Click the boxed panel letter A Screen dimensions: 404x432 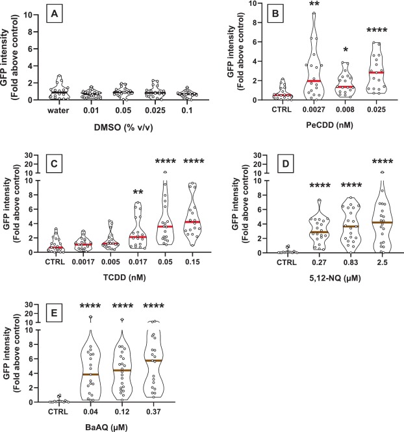(x=55, y=14)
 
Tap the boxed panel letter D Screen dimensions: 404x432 (x=286, y=164)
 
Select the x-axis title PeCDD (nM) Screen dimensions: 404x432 (x=329, y=125)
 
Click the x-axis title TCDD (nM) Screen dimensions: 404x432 (x=125, y=277)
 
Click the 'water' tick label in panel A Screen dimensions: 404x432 (x=58, y=110)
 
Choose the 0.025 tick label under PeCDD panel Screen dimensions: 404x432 (x=377, y=109)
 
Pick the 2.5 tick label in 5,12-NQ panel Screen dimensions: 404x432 (x=383, y=262)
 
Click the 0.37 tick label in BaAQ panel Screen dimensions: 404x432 (x=154, y=412)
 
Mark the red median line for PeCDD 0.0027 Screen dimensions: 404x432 (x=314, y=81)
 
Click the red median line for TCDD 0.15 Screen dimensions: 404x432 (x=192, y=222)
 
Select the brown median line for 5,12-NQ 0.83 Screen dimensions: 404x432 (x=351, y=227)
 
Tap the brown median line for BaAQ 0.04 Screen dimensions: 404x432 (x=90, y=374)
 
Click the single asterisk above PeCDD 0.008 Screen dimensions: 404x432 (x=346, y=49)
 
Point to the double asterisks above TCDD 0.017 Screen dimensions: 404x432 (x=138, y=192)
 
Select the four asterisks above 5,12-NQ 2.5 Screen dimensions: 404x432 (x=383, y=161)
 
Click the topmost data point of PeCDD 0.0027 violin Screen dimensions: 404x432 (x=314, y=13)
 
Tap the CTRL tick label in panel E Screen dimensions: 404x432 (x=58, y=412)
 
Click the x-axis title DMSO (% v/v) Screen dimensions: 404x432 (x=123, y=127)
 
